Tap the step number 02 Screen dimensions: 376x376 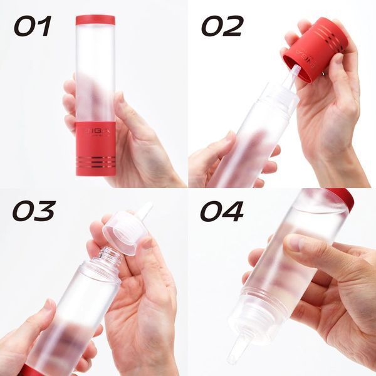(x=221, y=26)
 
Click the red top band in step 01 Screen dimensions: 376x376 (x=95, y=20)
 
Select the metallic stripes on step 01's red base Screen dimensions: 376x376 (x=95, y=162)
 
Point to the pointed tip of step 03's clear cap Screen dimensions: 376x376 (x=146, y=209)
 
